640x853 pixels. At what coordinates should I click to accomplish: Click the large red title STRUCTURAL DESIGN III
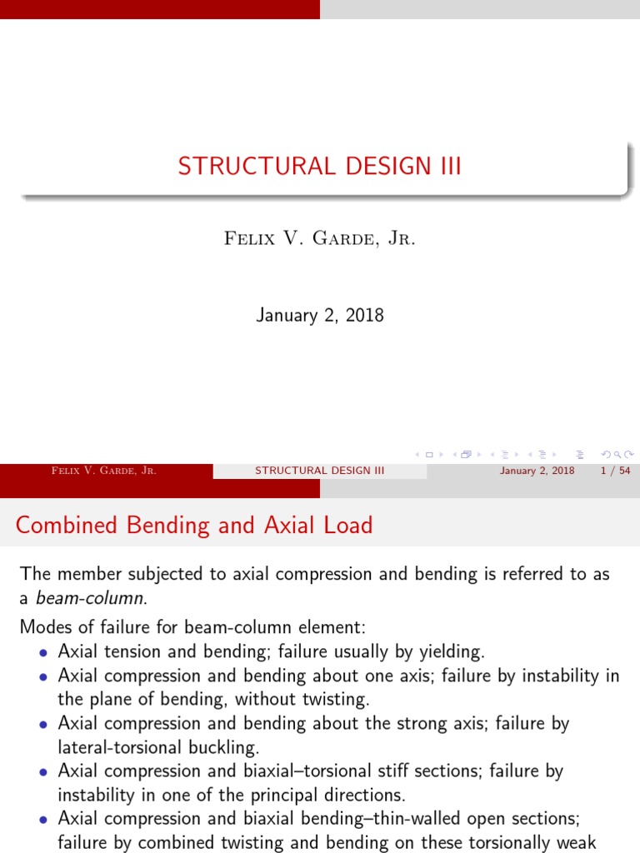coord(319,166)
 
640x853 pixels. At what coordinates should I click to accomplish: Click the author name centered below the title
coord(319,238)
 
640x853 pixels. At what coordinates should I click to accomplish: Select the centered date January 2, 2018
coord(319,316)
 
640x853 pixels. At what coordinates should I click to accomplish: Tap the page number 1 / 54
coord(614,471)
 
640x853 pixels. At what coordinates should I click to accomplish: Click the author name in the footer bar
coord(104,471)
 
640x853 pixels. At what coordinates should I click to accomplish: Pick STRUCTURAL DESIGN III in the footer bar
coord(319,471)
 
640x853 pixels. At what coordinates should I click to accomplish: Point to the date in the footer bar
coord(537,471)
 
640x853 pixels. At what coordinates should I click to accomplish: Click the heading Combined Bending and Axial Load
coord(194,526)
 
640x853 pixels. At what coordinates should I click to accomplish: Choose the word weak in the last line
coord(577,843)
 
